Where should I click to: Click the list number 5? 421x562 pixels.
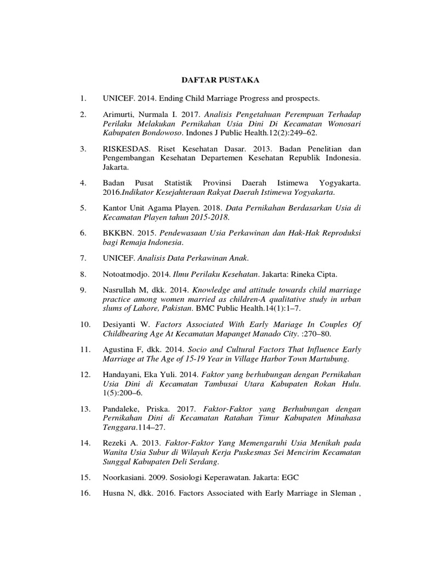pyautogui.click(x=83, y=208)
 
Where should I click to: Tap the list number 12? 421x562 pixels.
pyautogui.click(x=84, y=374)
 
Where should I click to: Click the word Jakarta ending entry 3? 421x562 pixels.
pyautogui.click(x=115, y=166)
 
